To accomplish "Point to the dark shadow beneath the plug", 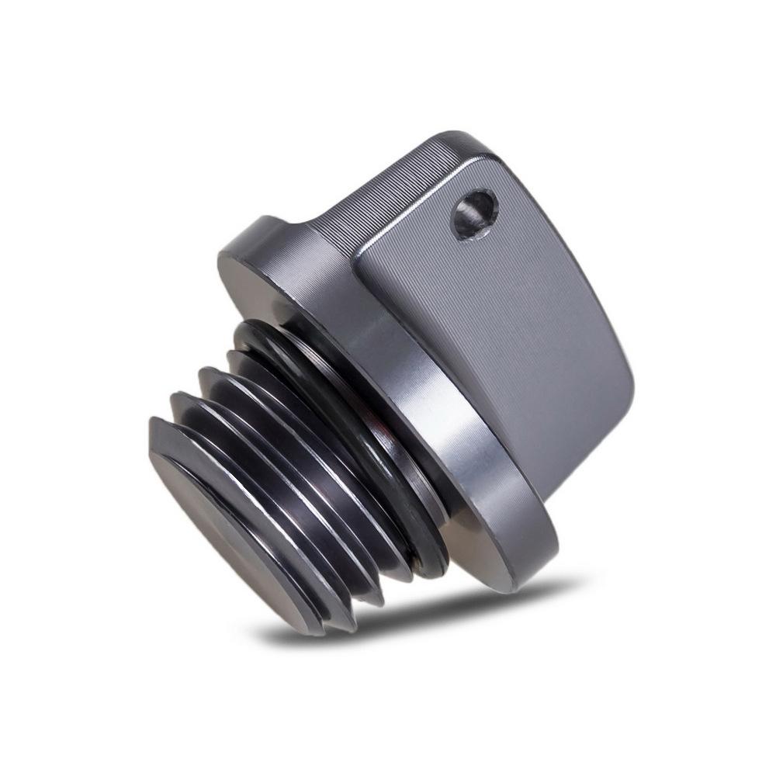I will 404,621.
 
